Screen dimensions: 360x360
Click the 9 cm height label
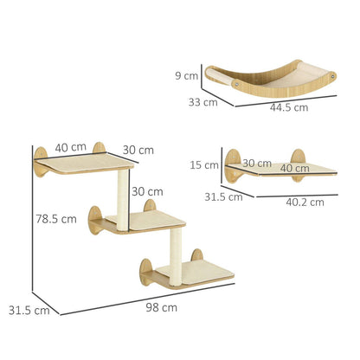click(x=187, y=76)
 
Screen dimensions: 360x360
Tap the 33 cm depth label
click(x=203, y=102)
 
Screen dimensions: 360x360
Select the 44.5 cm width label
click(x=289, y=107)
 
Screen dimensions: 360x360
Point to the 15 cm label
click(x=204, y=165)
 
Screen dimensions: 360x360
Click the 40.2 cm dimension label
click(x=305, y=202)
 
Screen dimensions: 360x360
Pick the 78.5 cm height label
click(x=56, y=219)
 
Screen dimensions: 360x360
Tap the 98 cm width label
click(x=161, y=307)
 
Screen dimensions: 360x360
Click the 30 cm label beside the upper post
click(x=147, y=191)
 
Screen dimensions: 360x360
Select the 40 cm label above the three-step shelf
click(x=71, y=148)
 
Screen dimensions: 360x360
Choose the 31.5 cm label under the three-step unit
click(x=29, y=311)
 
